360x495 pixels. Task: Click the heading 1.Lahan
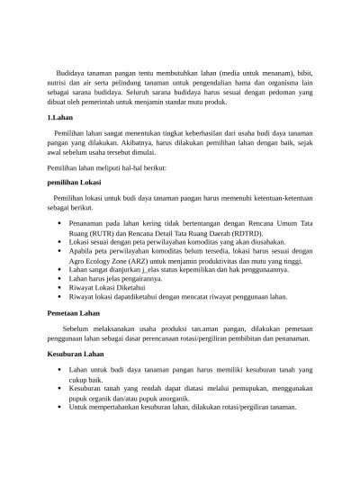(x=59, y=118)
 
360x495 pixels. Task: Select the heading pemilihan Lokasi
(x=74, y=182)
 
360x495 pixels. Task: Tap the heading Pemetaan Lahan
(x=73, y=311)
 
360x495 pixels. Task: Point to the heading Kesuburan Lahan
(x=75, y=355)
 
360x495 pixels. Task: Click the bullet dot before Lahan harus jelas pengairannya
(x=58, y=278)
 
